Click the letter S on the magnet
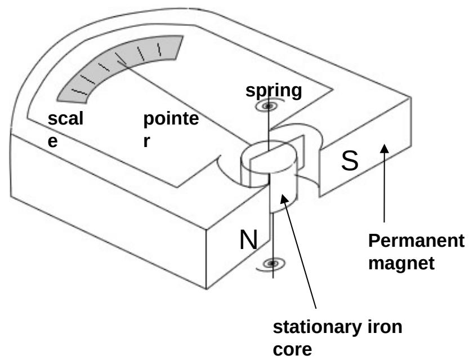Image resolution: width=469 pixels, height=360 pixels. point(350,162)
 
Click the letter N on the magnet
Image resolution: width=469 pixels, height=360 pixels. point(248,241)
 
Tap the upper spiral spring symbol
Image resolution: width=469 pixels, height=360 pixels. point(270,105)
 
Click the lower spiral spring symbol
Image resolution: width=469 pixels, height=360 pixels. point(274,263)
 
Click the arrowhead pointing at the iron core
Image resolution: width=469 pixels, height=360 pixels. point(285,199)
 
